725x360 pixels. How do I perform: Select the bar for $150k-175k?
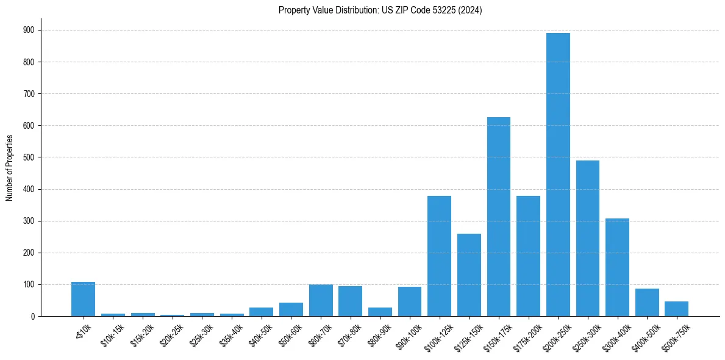(498, 217)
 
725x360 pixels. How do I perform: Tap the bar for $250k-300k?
(587, 238)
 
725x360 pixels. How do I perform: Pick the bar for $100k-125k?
(439, 256)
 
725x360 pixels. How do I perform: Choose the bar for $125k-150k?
(469, 275)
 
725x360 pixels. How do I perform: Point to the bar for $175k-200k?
(528, 256)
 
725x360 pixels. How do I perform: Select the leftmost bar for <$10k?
(83, 299)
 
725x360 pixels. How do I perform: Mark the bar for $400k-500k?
(647, 303)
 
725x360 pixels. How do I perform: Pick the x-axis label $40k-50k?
(261, 333)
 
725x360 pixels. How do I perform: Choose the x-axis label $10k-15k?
(113, 333)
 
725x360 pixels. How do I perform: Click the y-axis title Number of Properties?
(9, 168)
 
